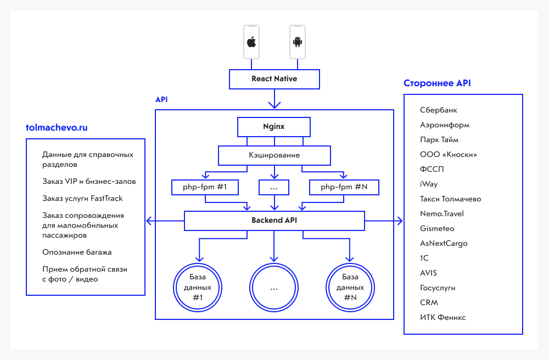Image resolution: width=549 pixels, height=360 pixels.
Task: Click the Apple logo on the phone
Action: point(251,42)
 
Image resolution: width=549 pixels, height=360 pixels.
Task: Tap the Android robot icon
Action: point(298,42)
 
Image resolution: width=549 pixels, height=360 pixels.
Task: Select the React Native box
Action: point(274,79)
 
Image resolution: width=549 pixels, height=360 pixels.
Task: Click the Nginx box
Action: point(274,127)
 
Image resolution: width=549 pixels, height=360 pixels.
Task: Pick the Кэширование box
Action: point(274,155)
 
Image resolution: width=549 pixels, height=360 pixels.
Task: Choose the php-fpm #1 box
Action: point(205,188)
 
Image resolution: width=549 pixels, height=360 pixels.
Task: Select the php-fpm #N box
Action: point(344,188)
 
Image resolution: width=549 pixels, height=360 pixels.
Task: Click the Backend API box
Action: point(274,221)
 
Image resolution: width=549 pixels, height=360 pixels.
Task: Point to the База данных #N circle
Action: point(350,287)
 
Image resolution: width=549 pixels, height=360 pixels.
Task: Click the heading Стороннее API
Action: point(437,83)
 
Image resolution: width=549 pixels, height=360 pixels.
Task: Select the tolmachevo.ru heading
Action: point(57,128)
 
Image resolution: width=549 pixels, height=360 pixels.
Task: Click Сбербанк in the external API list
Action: point(439,110)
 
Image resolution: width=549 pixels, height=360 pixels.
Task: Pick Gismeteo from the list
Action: point(437,228)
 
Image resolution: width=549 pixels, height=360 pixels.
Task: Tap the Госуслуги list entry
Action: point(438,288)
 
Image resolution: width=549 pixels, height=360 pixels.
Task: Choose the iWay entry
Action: point(429,184)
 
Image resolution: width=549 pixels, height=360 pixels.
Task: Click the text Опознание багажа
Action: point(77,252)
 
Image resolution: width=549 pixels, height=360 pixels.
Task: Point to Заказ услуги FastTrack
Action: point(82,198)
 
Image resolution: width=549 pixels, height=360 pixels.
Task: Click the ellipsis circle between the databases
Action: point(274,287)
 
